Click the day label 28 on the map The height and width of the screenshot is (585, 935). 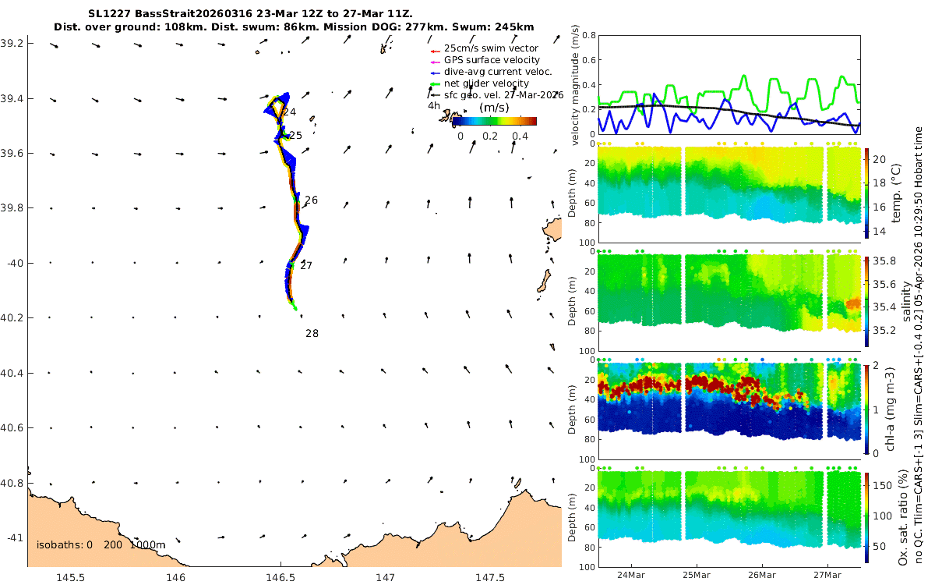[312, 334]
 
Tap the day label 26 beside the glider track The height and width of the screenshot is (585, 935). [311, 200]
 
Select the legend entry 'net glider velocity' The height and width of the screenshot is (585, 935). [486, 83]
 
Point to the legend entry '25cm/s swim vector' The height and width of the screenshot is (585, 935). [491, 48]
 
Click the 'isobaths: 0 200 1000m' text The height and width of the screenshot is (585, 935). [101, 545]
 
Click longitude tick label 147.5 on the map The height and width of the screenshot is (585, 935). [490, 577]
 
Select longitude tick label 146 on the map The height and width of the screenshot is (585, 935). [176, 577]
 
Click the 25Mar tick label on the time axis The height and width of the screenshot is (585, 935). [697, 575]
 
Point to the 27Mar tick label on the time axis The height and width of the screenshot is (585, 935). [827, 575]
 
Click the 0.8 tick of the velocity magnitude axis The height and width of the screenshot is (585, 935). [589, 36]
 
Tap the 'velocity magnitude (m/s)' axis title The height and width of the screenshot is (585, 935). [575, 85]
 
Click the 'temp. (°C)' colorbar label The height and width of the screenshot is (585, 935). [896, 193]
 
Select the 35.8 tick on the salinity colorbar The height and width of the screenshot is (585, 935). [884, 261]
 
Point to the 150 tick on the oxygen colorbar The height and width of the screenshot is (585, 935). [883, 485]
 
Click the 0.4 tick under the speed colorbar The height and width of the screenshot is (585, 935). [520, 136]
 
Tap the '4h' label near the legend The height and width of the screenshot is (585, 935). [434, 106]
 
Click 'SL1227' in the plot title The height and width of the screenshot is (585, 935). [109, 14]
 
